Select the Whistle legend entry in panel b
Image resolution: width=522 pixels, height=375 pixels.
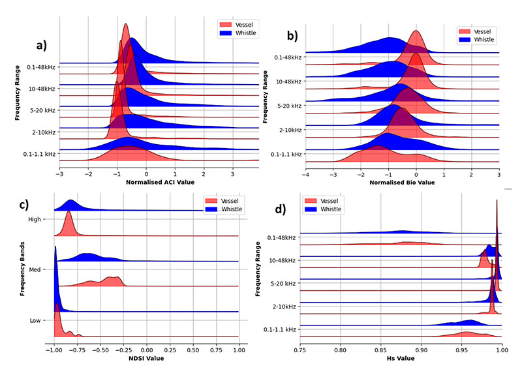coord(483,39)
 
